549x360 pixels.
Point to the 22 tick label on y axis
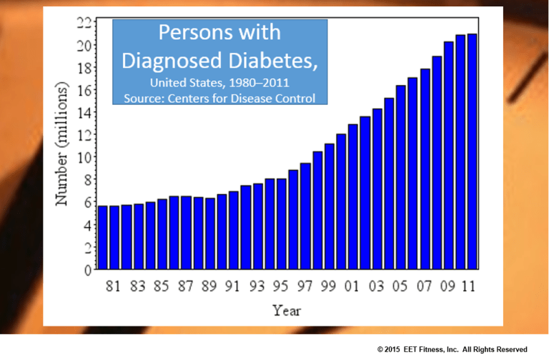(84, 23)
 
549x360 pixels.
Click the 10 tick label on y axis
(84, 157)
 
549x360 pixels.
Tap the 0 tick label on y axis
(88, 270)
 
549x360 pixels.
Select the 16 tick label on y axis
(84, 90)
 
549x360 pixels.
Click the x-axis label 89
(209, 287)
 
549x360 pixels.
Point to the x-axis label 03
(377, 287)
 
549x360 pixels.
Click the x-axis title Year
(287, 311)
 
